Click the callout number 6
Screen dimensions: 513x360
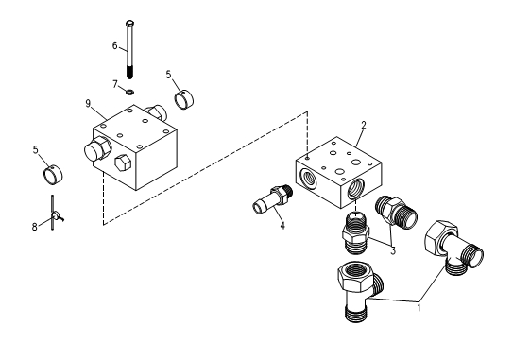pos(114,45)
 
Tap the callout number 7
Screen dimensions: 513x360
pos(115,84)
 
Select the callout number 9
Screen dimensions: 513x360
pos(88,103)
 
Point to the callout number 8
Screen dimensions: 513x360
pos(34,227)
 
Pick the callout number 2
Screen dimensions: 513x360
pos(364,125)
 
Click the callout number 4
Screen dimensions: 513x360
pos(282,226)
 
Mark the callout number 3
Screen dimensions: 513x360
pos(393,251)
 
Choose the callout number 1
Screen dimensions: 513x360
pos(419,308)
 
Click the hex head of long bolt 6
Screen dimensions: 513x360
pos(129,24)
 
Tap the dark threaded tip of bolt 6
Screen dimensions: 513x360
pos(129,72)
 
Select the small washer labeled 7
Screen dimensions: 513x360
pos(129,92)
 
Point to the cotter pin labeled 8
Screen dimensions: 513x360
pos(54,213)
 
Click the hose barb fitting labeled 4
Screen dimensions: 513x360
pos(272,199)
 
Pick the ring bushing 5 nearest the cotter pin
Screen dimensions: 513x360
pos(53,174)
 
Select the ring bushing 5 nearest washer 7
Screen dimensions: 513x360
pos(184,99)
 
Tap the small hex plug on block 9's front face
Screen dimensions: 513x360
pos(123,162)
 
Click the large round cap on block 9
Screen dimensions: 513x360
pos(97,149)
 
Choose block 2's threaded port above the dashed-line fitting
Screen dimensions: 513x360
pos(355,189)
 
